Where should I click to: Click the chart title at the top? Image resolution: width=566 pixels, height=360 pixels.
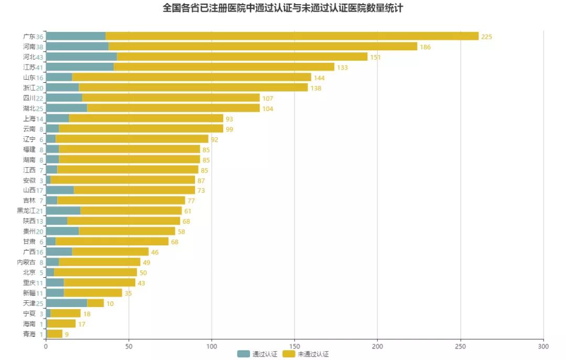point(283,8)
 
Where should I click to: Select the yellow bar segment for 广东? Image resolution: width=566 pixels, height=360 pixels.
point(292,36)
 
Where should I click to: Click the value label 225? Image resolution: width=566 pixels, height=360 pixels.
point(487,37)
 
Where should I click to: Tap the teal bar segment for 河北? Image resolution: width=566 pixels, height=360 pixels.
point(81,57)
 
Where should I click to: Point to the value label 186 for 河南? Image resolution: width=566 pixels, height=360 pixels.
point(425,47)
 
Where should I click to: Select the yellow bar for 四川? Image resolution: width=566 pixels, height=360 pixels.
point(171,98)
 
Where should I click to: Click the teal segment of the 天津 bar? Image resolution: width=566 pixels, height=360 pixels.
point(66,303)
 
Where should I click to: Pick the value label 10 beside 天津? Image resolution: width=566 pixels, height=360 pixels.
point(110,304)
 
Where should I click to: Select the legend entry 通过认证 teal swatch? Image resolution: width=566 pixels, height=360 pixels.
point(244,354)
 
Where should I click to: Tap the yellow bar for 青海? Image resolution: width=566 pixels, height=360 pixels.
point(55,334)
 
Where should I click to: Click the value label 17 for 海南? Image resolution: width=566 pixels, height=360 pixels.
point(82,324)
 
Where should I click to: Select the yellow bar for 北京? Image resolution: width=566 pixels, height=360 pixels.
point(95,272)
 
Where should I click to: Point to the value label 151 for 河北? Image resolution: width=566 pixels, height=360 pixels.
point(375,57)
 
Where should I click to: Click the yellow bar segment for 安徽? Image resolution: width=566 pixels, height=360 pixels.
point(123,180)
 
